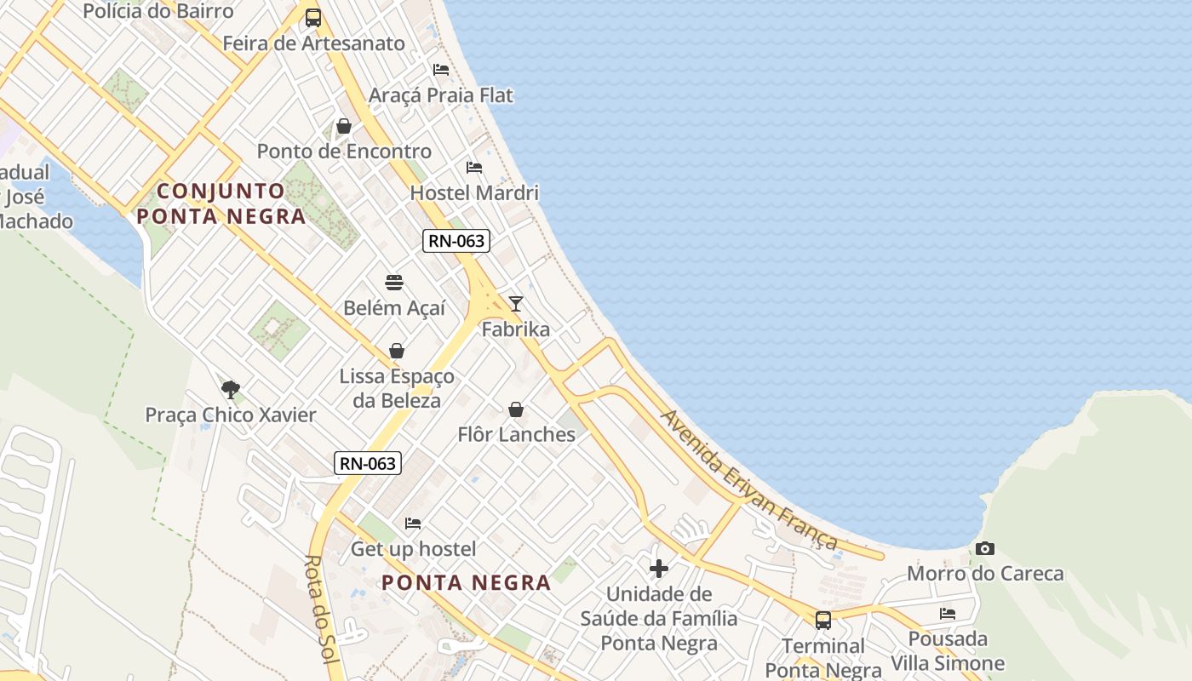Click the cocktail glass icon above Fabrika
point(515,304)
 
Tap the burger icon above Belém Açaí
point(394,283)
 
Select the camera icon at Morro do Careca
point(985,549)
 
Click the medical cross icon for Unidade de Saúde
point(658,569)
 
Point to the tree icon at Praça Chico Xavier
point(230,390)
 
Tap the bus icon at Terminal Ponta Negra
point(822,621)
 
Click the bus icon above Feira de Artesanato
point(313,18)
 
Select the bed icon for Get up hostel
point(413,524)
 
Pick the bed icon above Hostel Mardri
point(474,168)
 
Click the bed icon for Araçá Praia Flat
point(441,70)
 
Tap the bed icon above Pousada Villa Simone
point(948,614)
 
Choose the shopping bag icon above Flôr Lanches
point(515,410)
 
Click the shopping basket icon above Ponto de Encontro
point(344,127)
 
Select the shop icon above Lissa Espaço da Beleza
point(397,351)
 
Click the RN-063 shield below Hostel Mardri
point(456,241)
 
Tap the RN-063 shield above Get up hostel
point(368,463)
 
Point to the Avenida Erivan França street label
point(750,480)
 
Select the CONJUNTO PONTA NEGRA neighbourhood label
point(221,203)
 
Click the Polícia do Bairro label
point(158,11)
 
